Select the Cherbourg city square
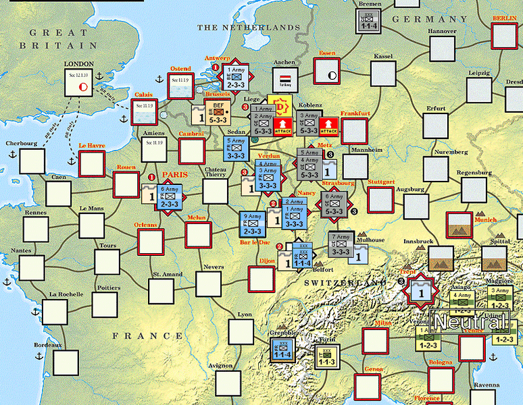point(31,161)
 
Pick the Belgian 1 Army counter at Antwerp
point(236,77)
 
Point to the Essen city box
point(328,71)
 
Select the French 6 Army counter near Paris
point(170,198)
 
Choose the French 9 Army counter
point(253,225)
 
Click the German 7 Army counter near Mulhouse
point(341,244)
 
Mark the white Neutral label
point(470,322)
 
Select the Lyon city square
point(241,331)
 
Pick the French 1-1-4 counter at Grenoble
point(282,348)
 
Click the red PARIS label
point(174,174)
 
